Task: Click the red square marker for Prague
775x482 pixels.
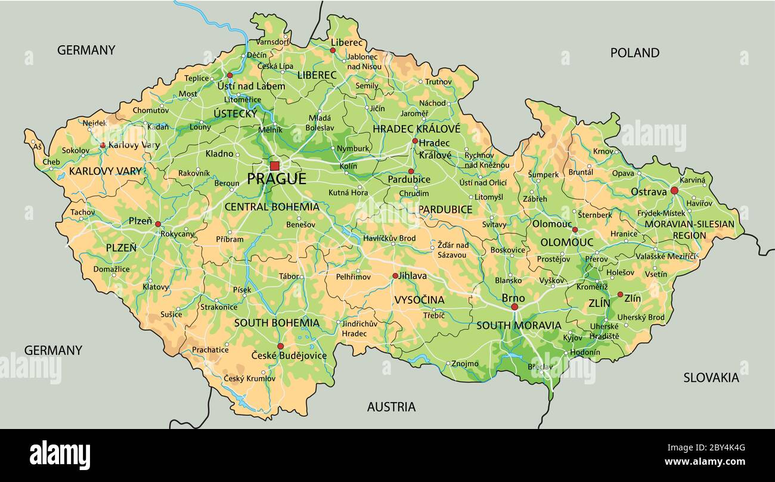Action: click(274, 166)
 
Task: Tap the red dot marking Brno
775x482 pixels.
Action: click(514, 307)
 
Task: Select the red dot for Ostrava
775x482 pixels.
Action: click(674, 191)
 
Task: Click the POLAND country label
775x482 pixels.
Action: click(634, 52)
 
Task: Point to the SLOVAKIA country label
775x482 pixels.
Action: click(711, 377)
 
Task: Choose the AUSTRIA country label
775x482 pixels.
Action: click(391, 407)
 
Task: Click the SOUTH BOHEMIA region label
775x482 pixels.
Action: click(277, 323)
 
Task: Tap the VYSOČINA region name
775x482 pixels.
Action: click(419, 300)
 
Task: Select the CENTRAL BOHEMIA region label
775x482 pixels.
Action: click(271, 207)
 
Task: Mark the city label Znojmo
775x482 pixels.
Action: click(465, 363)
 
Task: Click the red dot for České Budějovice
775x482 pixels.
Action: click(280, 346)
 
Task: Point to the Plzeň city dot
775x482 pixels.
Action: click(158, 224)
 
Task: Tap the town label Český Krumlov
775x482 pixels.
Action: click(250, 378)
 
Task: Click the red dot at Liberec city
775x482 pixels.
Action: click(333, 51)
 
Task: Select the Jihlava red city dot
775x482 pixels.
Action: click(395, 276)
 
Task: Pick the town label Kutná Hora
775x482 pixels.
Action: click(348, 192)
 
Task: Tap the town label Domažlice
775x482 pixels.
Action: click(111, 269)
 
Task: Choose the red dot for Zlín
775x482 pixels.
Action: click(620, 294)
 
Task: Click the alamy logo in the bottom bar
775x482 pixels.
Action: click(60, 455)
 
